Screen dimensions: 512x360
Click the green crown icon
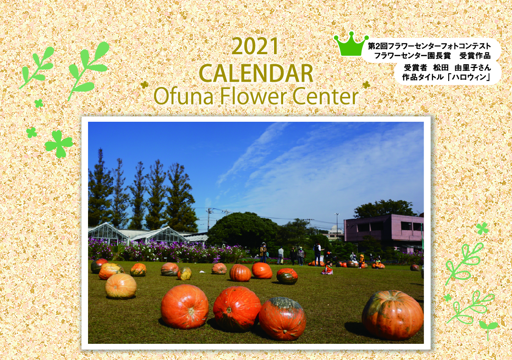[x=351, y=44]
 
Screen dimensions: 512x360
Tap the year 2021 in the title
[x=255, y=46]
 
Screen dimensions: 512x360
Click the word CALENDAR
[x=256, y=73]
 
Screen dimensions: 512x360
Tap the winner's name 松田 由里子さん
[x=462, y=68]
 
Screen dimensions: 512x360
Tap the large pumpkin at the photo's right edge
[x=393, y=315]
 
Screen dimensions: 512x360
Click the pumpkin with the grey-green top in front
[x=282, y=318]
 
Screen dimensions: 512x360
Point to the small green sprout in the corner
[x=488, y=329]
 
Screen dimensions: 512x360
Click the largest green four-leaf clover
[x=59, y=144]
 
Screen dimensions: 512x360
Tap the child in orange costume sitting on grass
[x=327, y=269]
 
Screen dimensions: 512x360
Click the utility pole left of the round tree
[x=208, y=219]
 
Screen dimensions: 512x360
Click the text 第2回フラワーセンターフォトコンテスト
[x=429, y=46]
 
